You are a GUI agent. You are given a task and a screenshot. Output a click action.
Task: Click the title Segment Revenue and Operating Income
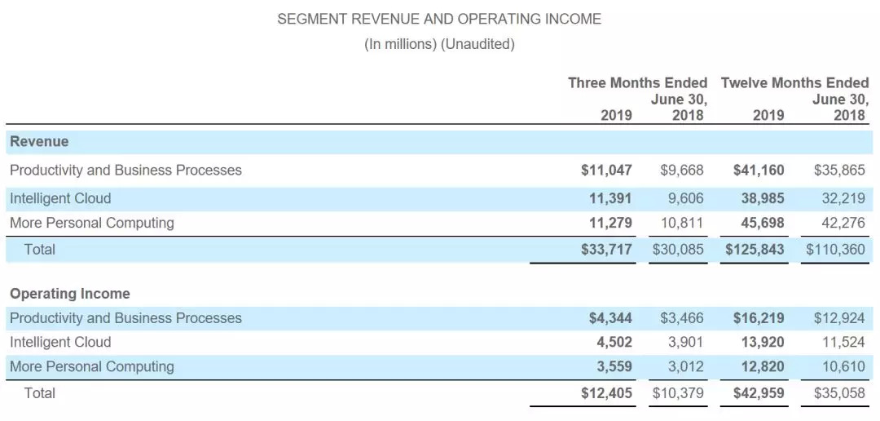(439, 19)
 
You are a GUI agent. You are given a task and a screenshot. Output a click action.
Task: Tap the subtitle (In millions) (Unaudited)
(439, 44)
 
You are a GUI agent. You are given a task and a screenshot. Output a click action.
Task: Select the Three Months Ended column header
(637, 83)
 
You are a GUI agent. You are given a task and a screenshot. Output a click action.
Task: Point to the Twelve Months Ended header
(794, 83)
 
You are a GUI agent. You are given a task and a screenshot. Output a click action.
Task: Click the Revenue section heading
(39, 142)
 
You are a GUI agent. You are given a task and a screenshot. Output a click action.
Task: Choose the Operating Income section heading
(70, 294)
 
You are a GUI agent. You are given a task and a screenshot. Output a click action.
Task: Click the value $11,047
(606, 171)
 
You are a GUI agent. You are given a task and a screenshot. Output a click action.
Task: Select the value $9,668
(681, 171)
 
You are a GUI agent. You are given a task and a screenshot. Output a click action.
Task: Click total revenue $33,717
(606, 250)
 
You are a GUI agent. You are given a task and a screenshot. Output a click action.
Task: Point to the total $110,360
(835, 250)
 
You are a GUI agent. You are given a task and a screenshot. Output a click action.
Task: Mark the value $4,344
(610, 318)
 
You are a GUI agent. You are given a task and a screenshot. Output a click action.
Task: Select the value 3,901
(684, 342)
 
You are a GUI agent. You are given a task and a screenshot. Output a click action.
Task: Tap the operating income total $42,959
(758, 393)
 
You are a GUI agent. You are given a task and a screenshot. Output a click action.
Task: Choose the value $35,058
(839, 393)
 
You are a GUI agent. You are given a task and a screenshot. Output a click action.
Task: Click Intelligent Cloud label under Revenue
(60, 198)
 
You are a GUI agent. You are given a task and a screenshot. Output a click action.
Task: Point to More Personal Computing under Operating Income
(92, 366)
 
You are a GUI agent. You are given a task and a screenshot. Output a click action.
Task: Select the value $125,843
(755, 250)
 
